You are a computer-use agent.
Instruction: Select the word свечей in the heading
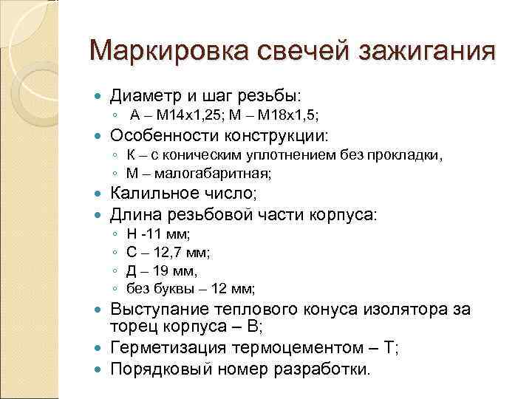[x=299, y=52]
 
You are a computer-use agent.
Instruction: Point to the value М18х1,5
[x=287, y=115]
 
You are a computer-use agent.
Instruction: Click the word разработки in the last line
[x=330, y=368]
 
